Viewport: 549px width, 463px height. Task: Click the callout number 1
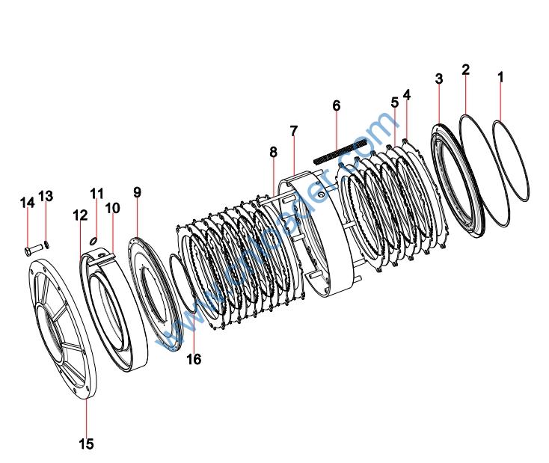[500, 76]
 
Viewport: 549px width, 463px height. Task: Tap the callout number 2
[465, 70]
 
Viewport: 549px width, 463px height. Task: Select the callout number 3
[438, 79]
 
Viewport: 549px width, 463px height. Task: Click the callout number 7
[294, 131]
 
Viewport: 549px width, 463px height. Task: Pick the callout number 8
[273, 152]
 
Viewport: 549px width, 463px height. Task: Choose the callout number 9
[137, 192]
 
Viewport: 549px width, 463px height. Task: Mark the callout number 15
[86, 444]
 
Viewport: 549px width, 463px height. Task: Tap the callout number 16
[194, 360]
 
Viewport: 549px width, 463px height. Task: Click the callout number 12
[80, 215]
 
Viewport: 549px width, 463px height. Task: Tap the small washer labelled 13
[46, 243]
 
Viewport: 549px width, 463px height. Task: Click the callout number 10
[112, 207]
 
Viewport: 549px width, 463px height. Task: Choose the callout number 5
[394, 102]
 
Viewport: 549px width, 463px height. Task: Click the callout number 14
[27, 202]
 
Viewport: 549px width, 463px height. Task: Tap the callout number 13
[46, 196]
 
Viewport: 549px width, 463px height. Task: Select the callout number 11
[96, 194]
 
